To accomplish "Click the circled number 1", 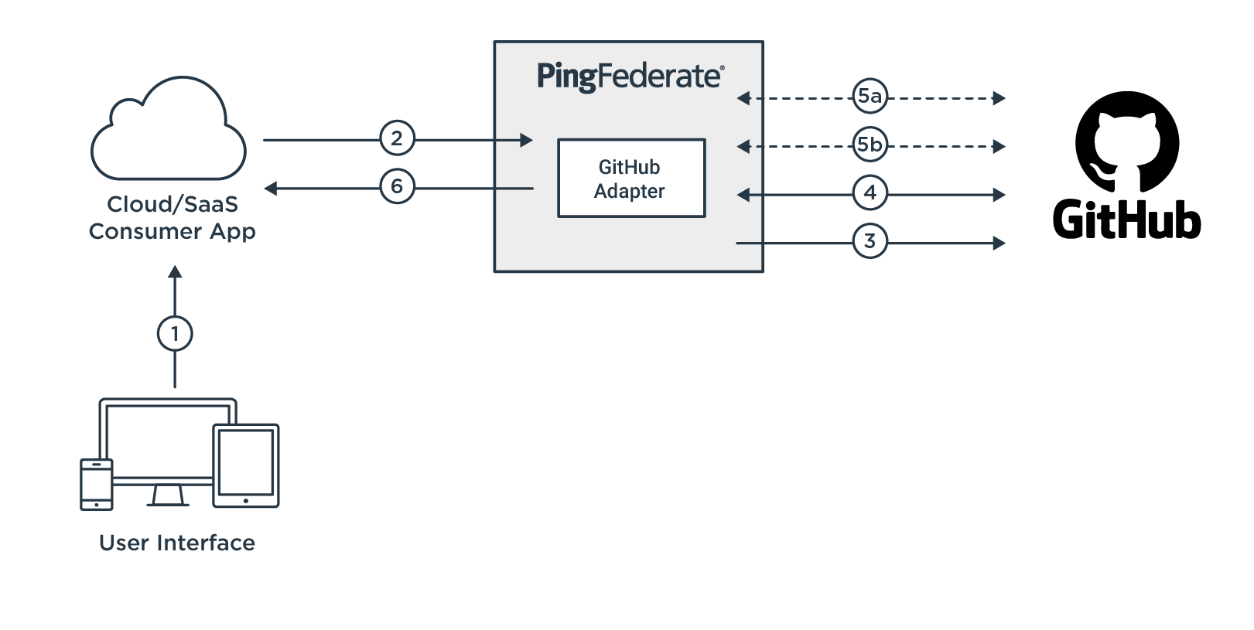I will (x=175, y=333).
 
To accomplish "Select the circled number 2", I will (x=397, y=138).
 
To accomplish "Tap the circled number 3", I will (x=870, y=241).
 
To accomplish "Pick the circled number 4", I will (x=870, y=192).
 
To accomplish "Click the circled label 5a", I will (x=870, y=96).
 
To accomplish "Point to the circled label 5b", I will (x=870, y=145).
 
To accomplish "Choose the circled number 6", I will (x=397, y=186).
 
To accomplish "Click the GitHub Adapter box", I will (x=630, y=179).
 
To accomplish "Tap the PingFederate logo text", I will (x=630, y=77).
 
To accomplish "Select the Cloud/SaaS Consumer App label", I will (x=172, y=217).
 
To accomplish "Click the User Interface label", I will (x=177, y=543).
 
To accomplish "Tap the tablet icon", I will (x=245, y=465).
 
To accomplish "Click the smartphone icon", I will (x=97, y=484).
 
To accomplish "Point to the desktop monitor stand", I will (x=168, y=495).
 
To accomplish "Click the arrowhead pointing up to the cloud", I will (x=175, y=272).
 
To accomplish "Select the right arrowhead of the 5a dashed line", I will (x=999, y=98).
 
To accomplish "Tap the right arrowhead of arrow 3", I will (x=999, y=243).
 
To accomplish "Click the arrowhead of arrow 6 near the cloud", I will (x=271, y=188).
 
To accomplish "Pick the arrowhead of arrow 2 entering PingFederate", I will (x=527, y=140).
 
